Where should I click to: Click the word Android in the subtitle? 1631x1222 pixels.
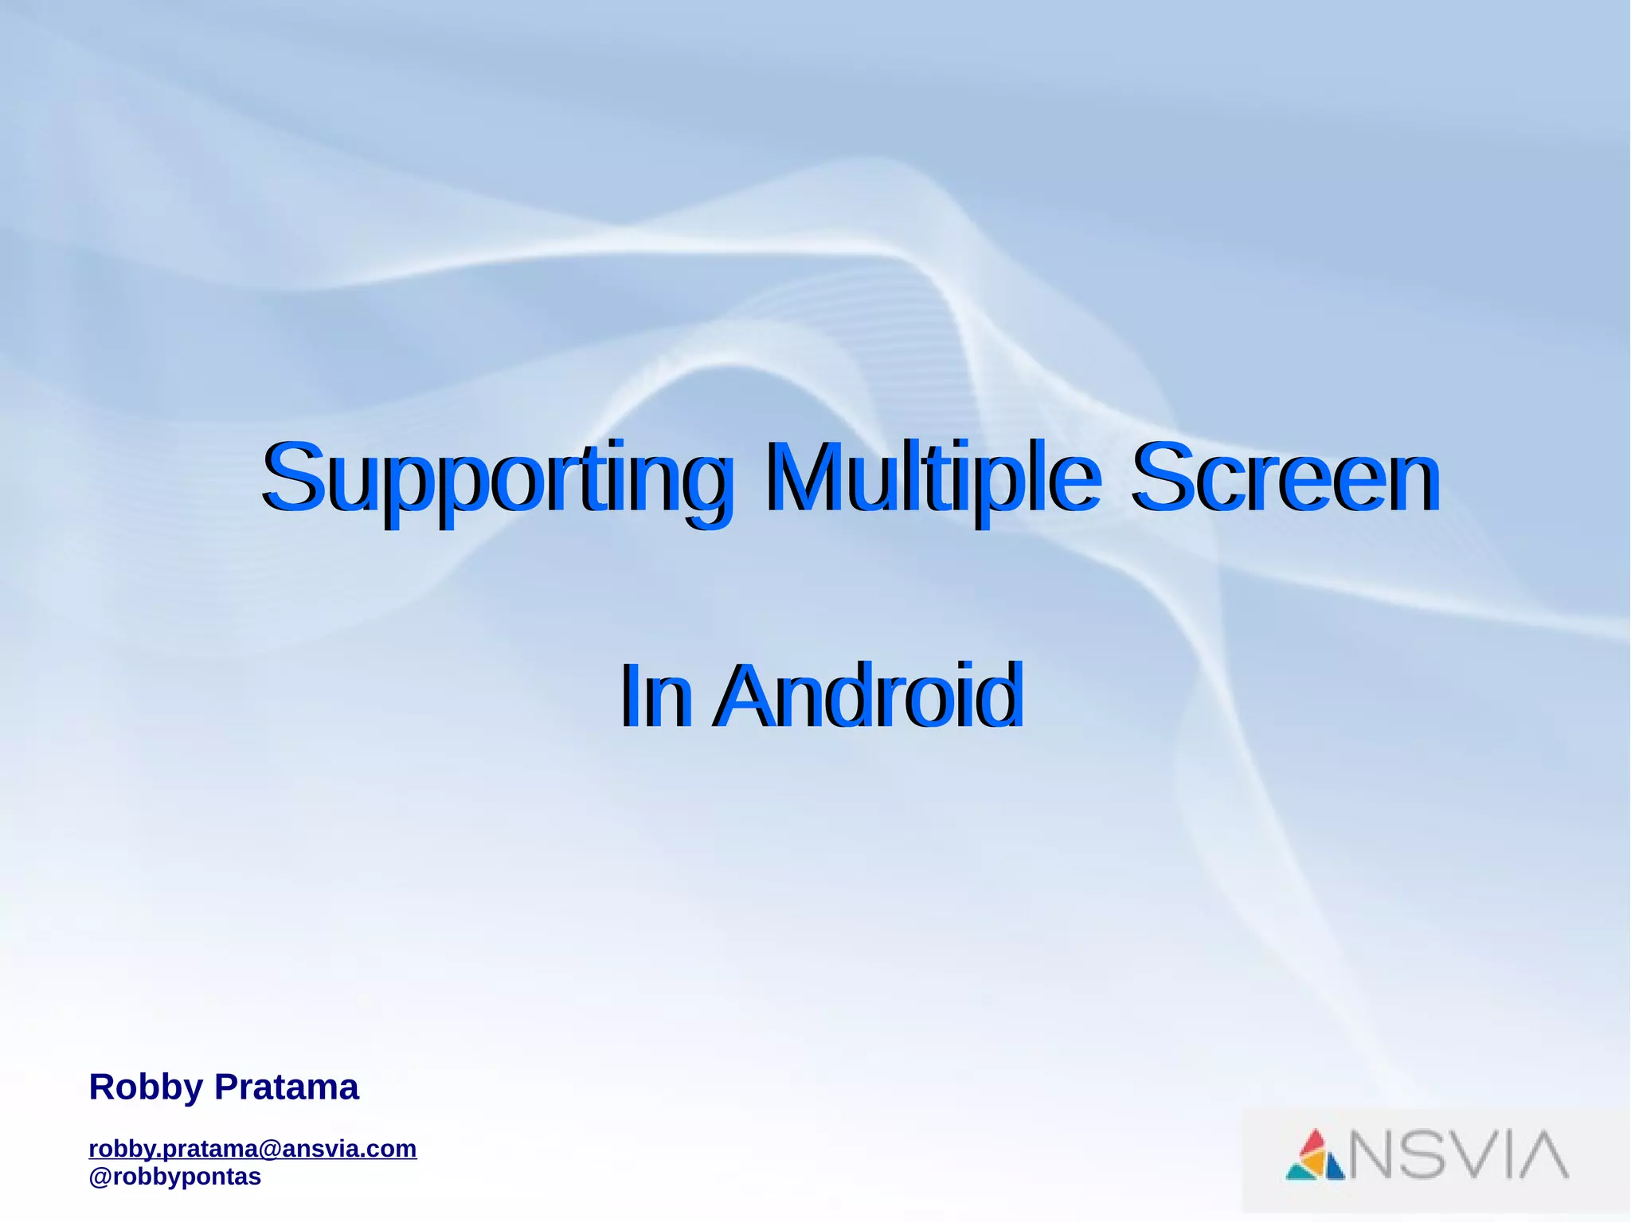pos(867,696)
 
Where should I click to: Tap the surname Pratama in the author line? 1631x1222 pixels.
pos(287,1087)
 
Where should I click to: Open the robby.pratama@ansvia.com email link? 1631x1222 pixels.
pos(252,1149)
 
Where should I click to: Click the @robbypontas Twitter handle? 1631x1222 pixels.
pos(174,1177)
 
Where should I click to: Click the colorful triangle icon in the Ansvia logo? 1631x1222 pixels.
pos(1315,1155)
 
